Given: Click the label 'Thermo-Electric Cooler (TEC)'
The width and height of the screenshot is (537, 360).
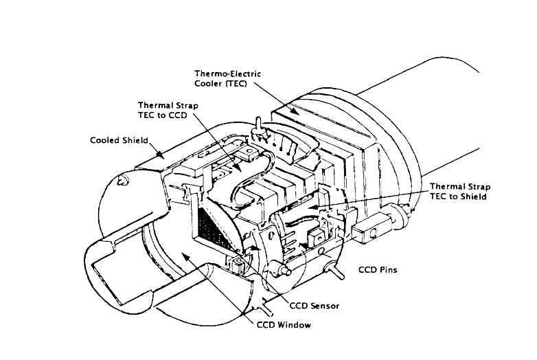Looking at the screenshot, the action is (x=228, y=79).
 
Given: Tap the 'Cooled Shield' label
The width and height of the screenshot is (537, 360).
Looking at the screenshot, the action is (x=119, y=140).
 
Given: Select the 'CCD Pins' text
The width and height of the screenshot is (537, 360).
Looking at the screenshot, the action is (x=378, y=270).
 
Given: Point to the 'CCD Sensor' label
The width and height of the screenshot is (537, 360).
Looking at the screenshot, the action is (x=315, y=306).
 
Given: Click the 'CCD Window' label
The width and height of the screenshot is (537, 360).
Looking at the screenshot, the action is (x=284, y=325).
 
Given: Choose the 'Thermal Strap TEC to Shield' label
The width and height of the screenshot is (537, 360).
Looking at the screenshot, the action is (x=460, y=192).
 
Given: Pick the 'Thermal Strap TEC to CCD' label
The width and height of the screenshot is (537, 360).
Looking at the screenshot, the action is (x=168, y=110).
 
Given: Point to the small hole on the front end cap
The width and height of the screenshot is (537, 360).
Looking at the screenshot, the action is (x=122, y=180).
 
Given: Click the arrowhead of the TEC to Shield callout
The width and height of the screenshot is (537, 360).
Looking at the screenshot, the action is (x=312, y=207).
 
